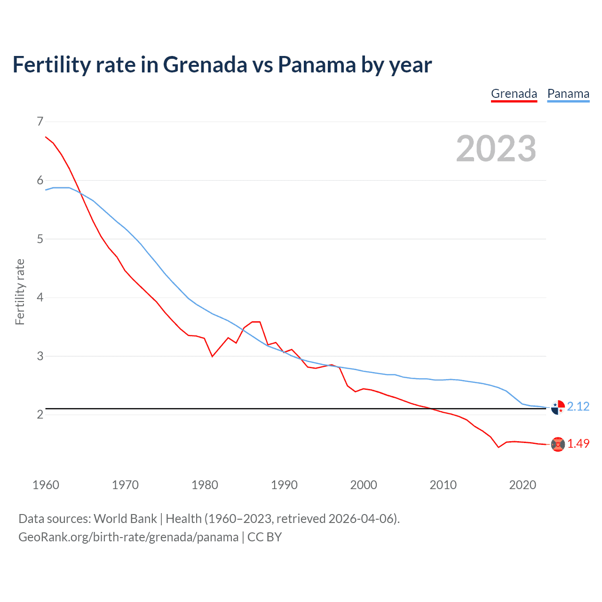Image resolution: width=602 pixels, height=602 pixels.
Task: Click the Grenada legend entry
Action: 514,94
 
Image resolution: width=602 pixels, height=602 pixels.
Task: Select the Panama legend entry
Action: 568,94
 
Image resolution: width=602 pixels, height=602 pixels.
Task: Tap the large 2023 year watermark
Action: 496,149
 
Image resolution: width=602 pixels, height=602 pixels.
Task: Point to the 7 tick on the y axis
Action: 40,122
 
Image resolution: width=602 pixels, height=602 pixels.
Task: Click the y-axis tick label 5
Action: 40,239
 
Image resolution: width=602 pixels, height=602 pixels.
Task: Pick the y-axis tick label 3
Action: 40,356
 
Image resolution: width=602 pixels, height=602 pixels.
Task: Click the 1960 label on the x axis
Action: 46,485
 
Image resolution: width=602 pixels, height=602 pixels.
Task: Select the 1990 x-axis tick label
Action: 284,485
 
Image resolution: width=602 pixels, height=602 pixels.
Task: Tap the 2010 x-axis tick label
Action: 443,485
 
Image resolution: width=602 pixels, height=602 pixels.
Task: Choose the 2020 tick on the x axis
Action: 523,485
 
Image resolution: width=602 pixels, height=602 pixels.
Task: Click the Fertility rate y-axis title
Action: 20,292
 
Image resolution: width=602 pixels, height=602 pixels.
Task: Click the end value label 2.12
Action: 578,406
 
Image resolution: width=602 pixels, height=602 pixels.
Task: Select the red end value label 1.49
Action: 578,444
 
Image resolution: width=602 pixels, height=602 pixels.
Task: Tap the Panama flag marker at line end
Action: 558,407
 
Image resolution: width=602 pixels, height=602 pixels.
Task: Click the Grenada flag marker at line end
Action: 558,444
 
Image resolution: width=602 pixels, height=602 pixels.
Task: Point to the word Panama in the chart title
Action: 317,64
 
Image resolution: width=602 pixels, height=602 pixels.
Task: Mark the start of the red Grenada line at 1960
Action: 46,137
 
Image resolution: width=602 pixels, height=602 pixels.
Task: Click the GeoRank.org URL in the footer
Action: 128,537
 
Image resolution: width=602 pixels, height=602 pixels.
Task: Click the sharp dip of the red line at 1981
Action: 213,356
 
